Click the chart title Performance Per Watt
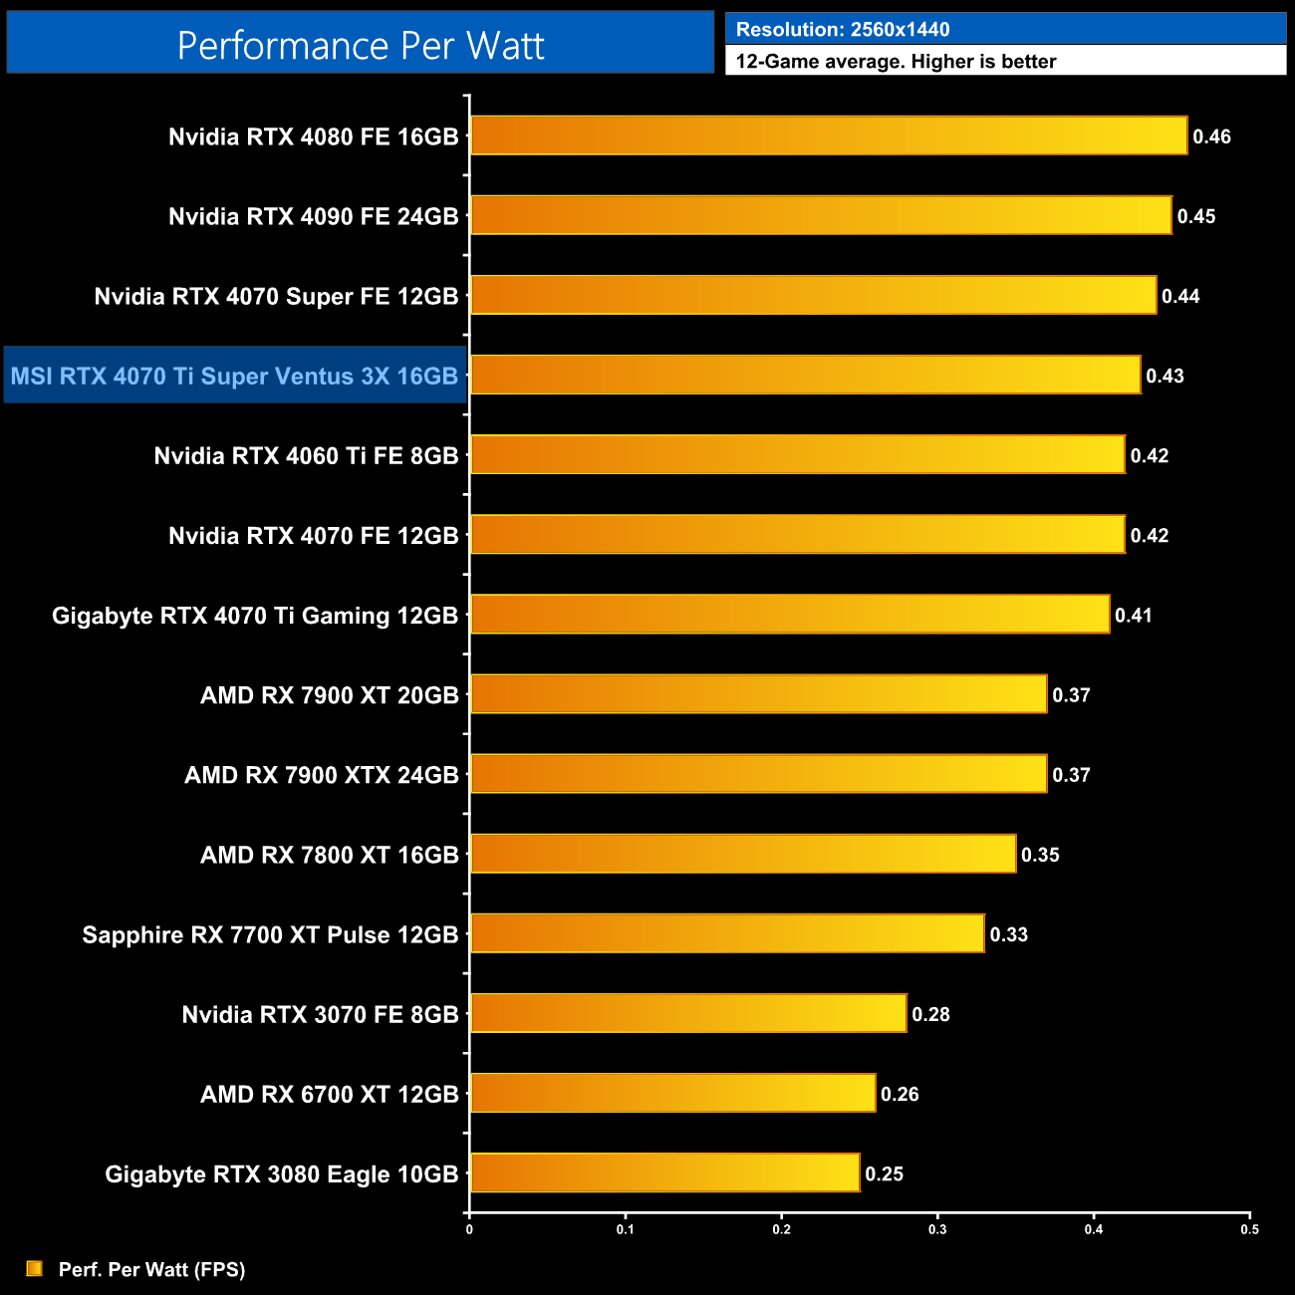coord(361,46)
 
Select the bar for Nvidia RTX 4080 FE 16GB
coord(829,135)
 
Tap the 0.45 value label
coord(1196,216)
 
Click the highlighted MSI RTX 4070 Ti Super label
coord(234,376)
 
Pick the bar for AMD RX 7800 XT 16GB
coord(743,854)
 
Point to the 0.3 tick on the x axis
coord(937,1229)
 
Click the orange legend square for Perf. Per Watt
coord(35,1268)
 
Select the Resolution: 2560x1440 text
coord(843,30)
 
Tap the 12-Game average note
coord(896,61)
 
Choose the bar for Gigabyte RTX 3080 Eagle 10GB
coord(665,1172)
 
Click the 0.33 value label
coord(1009,934)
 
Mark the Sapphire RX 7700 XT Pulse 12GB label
coord(270,934)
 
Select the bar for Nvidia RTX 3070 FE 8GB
coord(688,1013)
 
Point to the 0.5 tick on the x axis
coord(1249,1229)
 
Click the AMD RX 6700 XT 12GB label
coord(330,1094)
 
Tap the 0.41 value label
coord(1134,615)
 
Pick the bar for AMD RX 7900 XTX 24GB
coord(759,774)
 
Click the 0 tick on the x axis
coord(469,1229)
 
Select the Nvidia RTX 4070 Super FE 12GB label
coord(276,296)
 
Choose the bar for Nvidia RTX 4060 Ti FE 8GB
coord(798,454)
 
